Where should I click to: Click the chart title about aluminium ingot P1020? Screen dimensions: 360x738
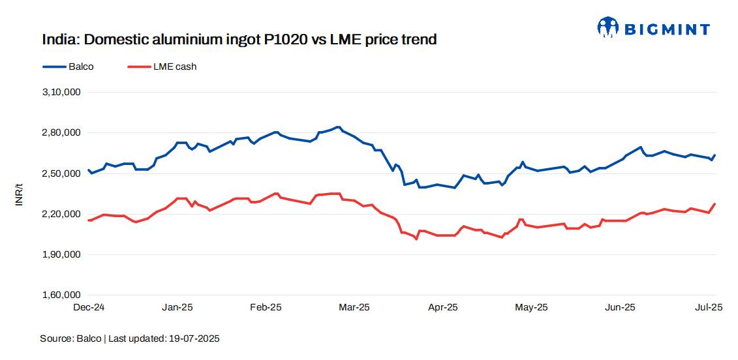pos(239,40)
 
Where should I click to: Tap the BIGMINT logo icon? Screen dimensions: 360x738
pos(607,27)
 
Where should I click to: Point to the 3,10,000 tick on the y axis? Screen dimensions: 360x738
pos(61,93)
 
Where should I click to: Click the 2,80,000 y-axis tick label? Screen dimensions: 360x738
pos(61,133)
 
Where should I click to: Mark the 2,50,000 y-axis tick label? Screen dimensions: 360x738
pos(61,173)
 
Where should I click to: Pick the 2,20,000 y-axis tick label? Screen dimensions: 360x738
pos(61,214)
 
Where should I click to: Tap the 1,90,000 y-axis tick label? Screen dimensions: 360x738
pos(61,254)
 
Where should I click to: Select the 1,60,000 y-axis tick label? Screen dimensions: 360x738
pos(61,295)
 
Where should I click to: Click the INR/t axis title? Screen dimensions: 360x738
pos(19,194)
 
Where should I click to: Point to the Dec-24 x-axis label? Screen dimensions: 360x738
pos(89,307)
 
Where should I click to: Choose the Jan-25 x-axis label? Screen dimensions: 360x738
pos(177,307)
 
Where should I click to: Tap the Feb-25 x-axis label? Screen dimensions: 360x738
pos(266,307)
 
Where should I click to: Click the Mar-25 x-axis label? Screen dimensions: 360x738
pos(354,307)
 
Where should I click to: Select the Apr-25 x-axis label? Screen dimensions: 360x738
pos(443,307)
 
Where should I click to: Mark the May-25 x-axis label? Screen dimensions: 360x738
pos(532,307)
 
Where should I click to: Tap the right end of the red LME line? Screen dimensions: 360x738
pos(715,204)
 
